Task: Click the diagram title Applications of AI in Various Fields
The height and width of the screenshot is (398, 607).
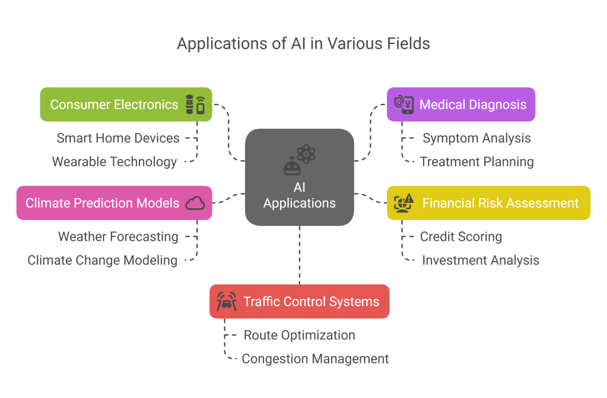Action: [303, 44]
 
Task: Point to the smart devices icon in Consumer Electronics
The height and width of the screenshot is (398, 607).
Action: [195, 105]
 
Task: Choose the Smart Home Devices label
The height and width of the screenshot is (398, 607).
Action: [118, 138]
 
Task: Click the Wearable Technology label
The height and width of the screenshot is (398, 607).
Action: [115, 162]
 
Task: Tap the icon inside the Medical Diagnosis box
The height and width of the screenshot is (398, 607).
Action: [404, 105]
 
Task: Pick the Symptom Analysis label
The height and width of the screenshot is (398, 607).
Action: [476, 138]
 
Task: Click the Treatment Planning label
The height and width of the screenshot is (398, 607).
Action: [476, 162]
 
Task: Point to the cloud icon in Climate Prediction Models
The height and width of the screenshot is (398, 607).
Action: [195, 203]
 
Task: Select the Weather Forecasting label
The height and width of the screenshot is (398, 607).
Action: [118, 237]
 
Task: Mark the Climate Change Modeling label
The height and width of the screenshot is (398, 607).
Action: [103, 260]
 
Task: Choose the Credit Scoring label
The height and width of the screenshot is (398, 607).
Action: [461, 237]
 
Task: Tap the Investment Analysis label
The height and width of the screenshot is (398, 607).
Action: [481, 260]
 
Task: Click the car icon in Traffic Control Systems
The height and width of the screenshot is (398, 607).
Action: [227, 301]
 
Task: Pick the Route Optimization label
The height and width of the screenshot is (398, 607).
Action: [299, 335]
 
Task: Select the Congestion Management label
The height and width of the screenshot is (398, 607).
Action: [315, 359]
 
